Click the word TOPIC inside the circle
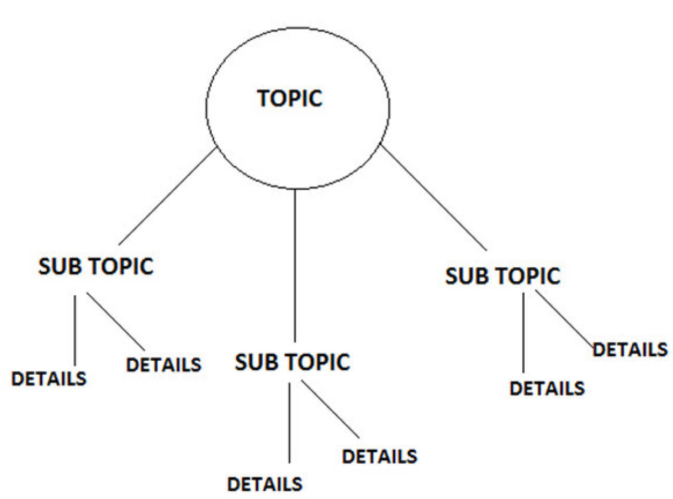click(x=290, y=98)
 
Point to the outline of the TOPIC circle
click(x=206, y=107)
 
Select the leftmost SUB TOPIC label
click(x=96, y=266)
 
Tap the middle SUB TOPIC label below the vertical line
click(x=292, y=362)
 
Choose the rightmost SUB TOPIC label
click(x=502, y=276)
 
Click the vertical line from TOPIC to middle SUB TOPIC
click(x=295, y=265)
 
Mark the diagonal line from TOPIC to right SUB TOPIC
click(x=434, y=199)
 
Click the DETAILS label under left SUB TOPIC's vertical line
click(x=48, y=378)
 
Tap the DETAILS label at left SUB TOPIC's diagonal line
click(x=163, y=364)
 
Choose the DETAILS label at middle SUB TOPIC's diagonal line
click(x=379, y=456)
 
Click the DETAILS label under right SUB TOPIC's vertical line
click(x=547, y=389)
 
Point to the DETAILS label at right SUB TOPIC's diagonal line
click(x=630, y=349)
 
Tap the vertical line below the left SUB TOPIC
click(x=75, y=331)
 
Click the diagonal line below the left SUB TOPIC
click(x=115, y=321)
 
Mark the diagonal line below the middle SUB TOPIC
click(x=330, y=409)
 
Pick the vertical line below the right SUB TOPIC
click(x=523, y=333)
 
